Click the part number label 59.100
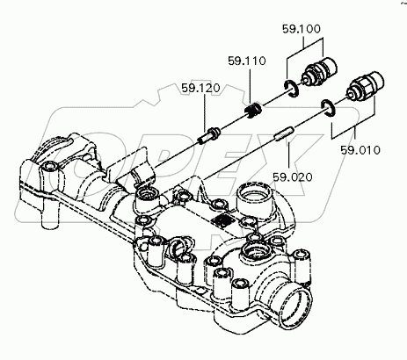[302, 29]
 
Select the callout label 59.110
[247, 61]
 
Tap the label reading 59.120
[200, 88]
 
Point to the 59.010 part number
[360, 150]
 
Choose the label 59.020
[293, 177]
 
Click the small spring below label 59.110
[252, 111]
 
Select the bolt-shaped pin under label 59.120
[208, 135]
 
